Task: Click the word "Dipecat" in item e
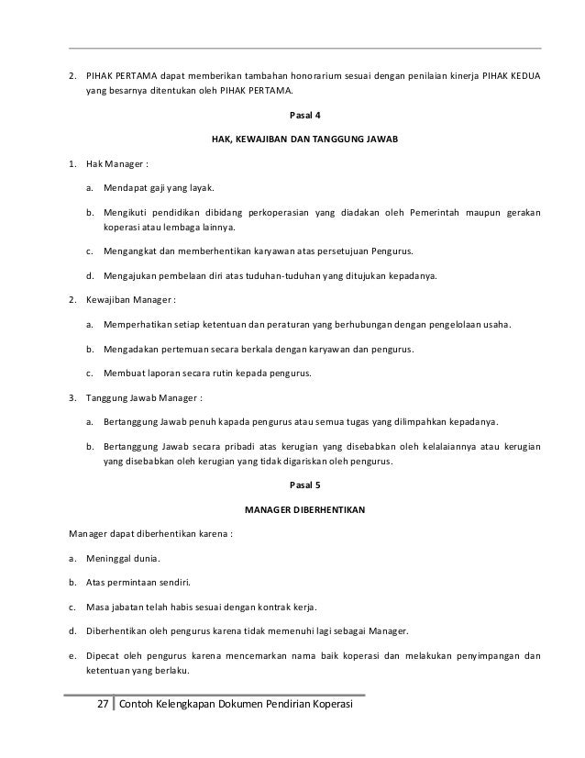coord(105,656)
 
